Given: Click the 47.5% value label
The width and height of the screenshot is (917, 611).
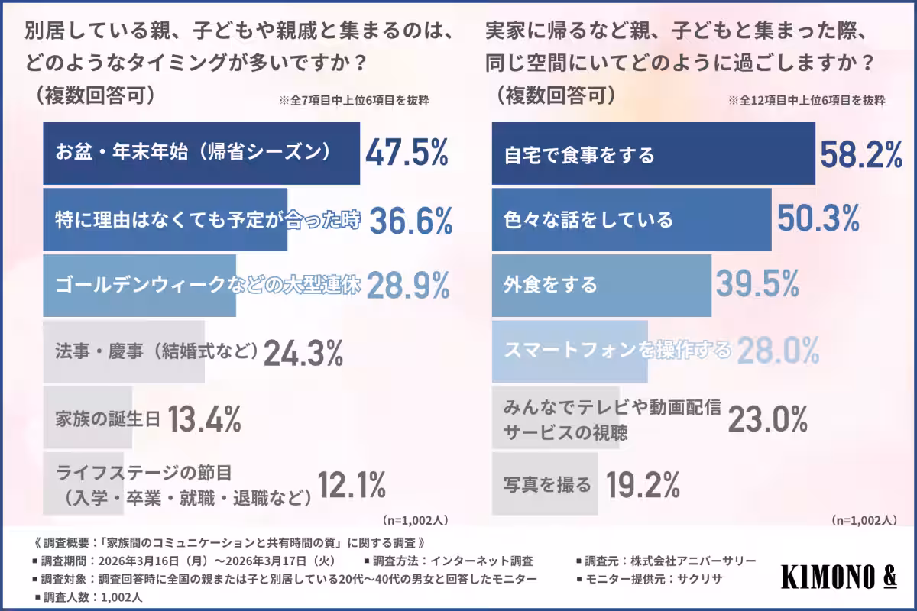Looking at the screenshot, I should (x=406, y=154).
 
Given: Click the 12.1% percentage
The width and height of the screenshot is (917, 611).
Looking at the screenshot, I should (x=352, y=484).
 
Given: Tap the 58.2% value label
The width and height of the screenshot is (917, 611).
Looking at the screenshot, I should (x=861, y=155).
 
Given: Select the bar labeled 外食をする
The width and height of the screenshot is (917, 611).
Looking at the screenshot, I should (x=601, y=286).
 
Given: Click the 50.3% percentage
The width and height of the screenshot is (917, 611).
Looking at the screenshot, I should (x=818, y=220).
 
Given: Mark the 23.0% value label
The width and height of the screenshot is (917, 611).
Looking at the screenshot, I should (x=766, y=419).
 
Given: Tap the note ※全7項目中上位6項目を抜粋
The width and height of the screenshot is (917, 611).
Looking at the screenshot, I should (x=354, y=100).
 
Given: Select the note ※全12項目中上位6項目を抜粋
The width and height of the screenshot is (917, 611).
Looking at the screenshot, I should (x=806, y=100).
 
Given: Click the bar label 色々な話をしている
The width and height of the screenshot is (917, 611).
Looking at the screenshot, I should (x=588, y=220).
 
